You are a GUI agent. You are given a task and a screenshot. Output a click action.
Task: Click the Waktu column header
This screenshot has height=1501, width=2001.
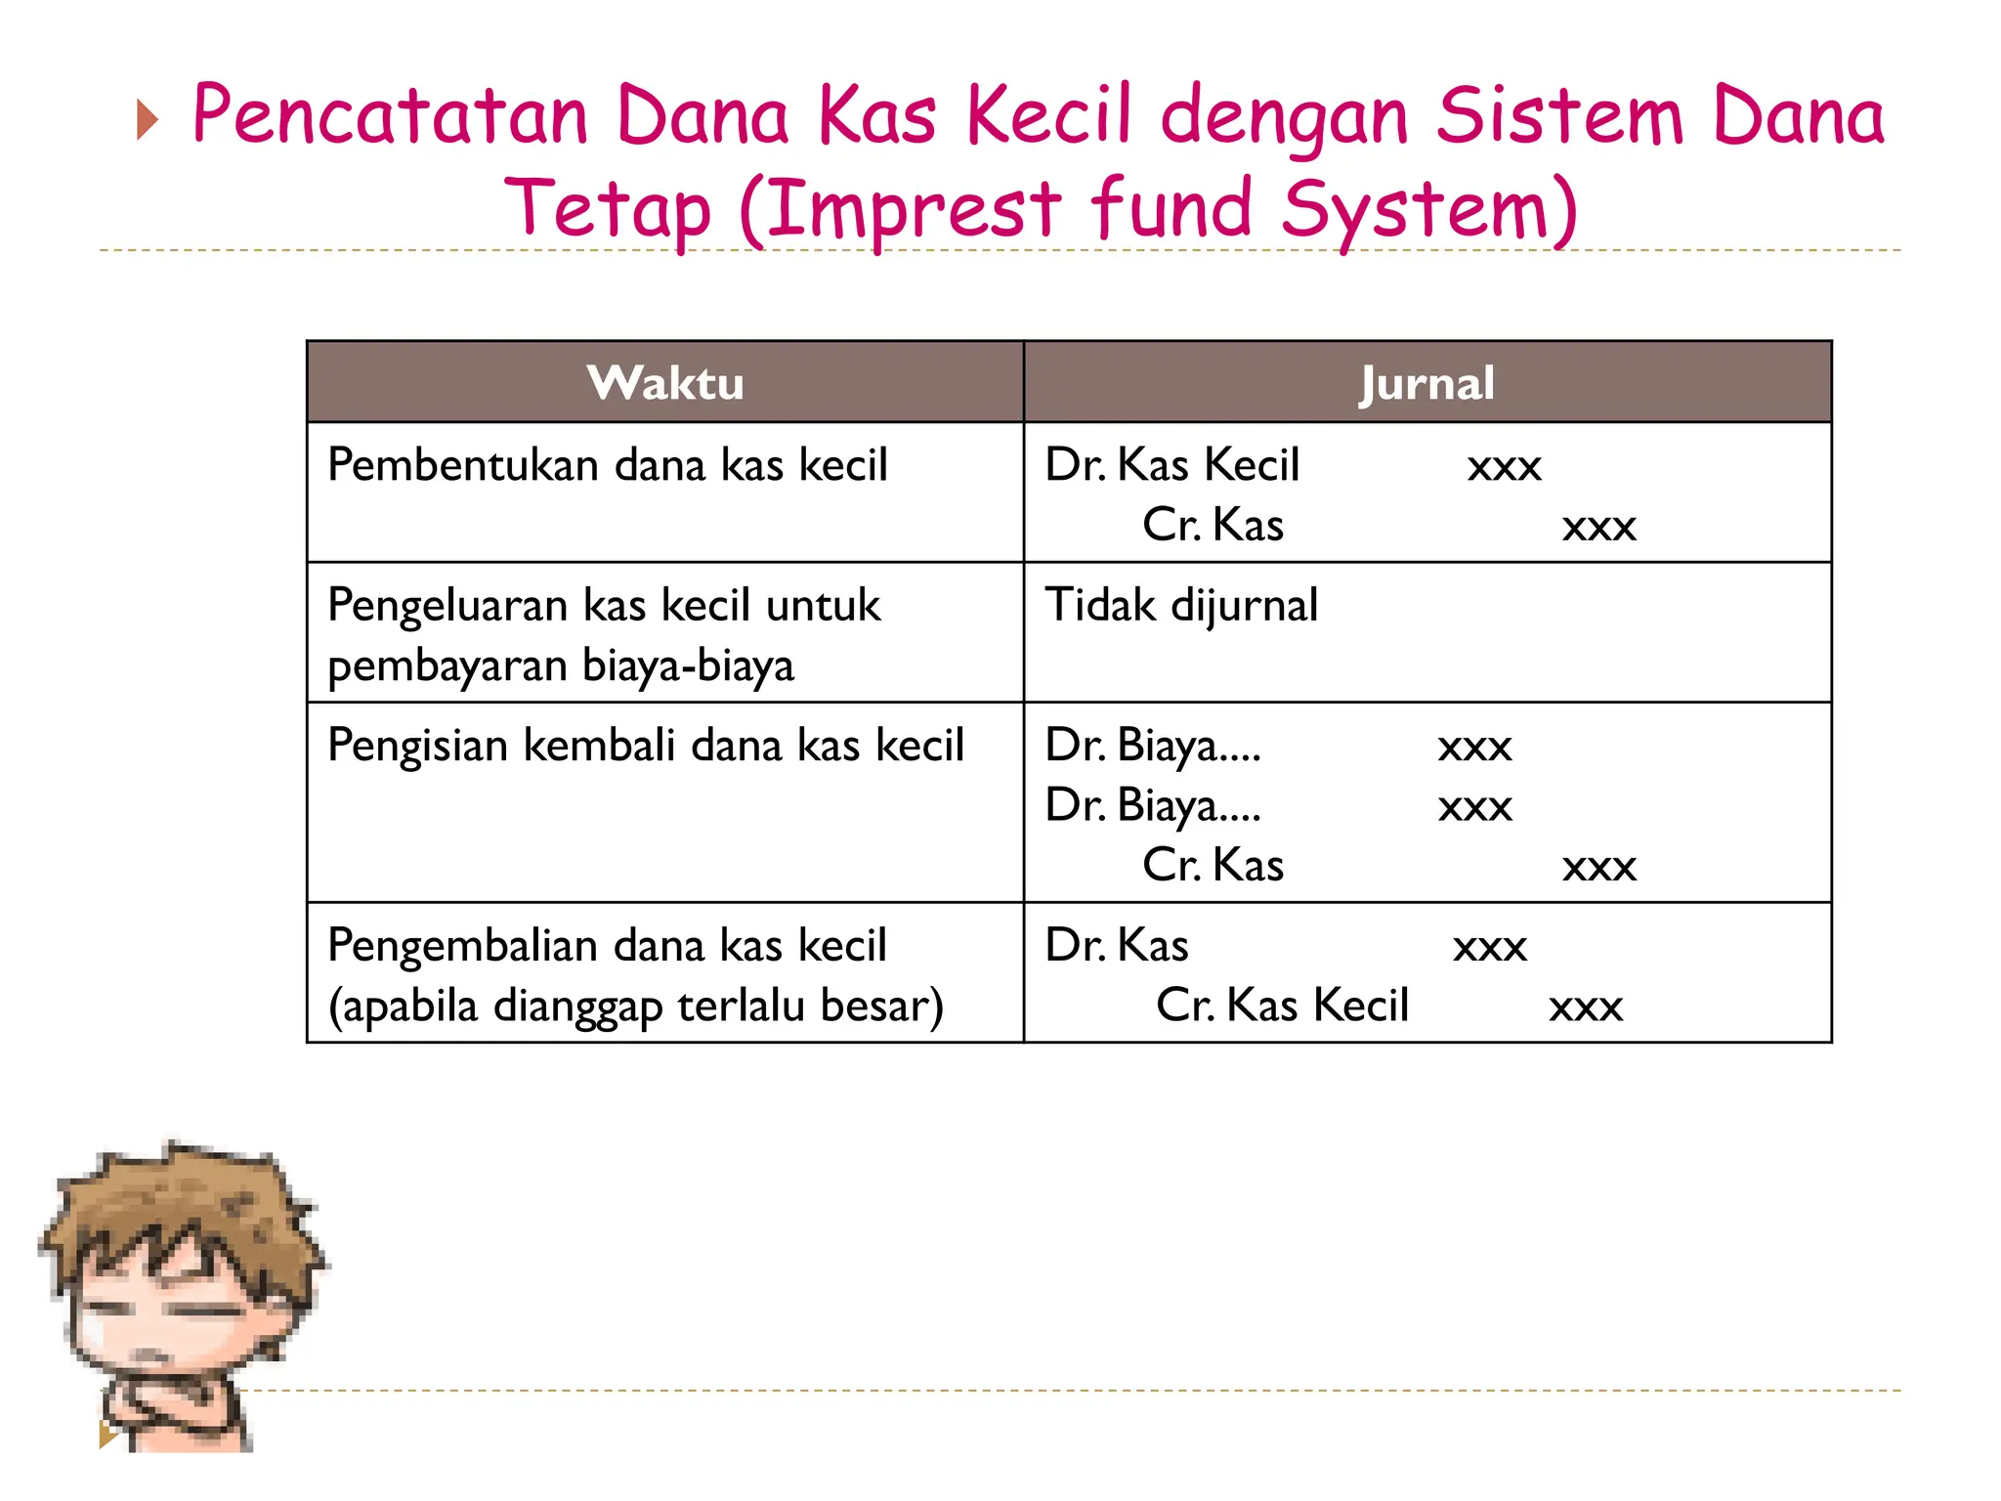tap(665, 383)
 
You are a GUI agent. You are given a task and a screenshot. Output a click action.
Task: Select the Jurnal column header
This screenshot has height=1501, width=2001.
tap(1426, 383)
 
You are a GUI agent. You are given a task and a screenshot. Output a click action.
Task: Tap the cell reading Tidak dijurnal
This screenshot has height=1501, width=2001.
tap(1181, 605)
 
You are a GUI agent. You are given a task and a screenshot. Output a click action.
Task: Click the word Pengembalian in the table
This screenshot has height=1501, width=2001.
tap(462, 946)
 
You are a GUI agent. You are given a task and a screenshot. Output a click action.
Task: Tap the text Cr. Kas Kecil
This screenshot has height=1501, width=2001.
tap(1282, 1006)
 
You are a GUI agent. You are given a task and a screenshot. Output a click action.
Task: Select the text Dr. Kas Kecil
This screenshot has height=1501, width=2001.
tap(1171, 465)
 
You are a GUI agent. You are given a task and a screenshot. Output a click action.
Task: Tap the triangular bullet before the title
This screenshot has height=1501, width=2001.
tap(148, 120)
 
